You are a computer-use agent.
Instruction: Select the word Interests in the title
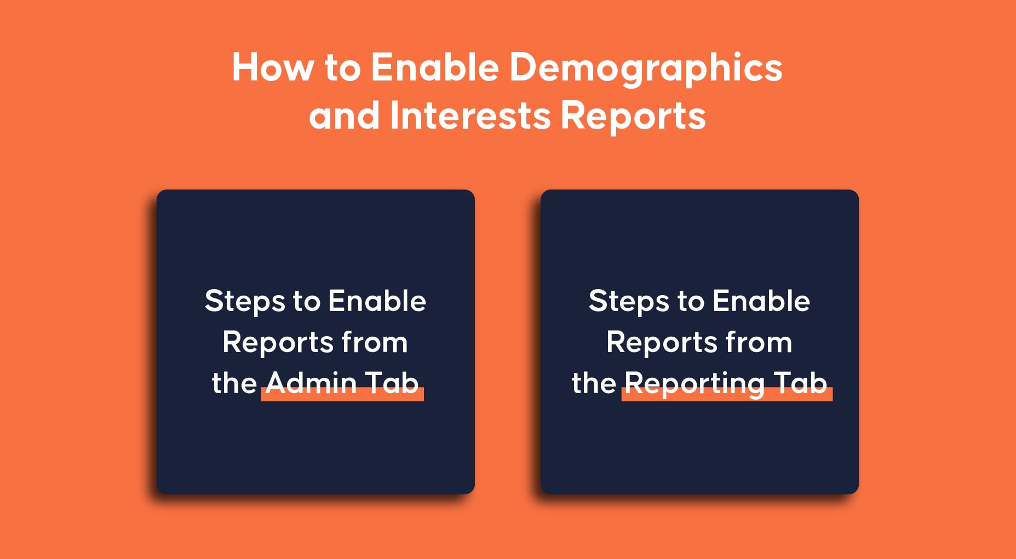click(470, 116)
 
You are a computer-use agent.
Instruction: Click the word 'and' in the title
click(345, 116)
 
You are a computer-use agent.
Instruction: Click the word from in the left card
click(375, 342)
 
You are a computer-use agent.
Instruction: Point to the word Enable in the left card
click(377, 301)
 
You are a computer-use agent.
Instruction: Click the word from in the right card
click(759, 342)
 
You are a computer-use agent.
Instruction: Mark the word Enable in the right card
click(761, 301)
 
